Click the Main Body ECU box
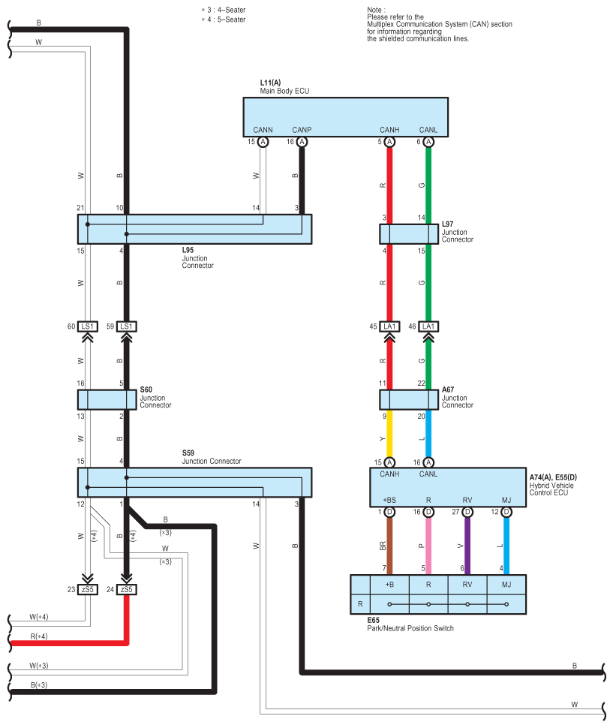tap(345, 116)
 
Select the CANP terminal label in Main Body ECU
tap(302, 130)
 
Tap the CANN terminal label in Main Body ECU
tap(263, 130)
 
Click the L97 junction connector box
tap(409, 233)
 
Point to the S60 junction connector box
tap(107, 399)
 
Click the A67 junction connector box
tap(409, 399)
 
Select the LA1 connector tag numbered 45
tap(389, 326)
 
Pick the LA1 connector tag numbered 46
tap(428, 326)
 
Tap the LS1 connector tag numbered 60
tap(87, 326)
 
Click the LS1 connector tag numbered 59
tap(126, 326)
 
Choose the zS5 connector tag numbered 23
tap(87, 589)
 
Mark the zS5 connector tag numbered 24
tap(126, 589)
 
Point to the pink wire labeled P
tap(428, 546)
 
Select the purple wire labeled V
tap(467, 546)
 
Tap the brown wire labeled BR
tap(389, 546)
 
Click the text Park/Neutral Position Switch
tap(410, 628)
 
